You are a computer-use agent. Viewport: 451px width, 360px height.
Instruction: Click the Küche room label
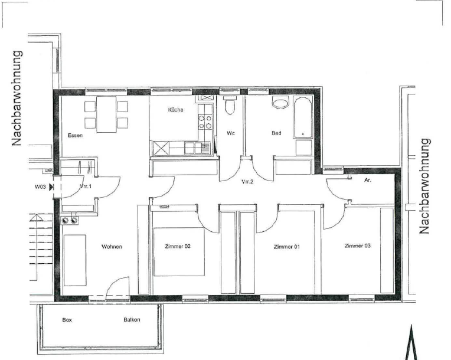[176, 110]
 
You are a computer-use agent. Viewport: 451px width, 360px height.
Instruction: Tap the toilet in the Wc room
[230, 105]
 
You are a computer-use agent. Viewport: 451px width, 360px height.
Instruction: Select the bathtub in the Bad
[303, 117]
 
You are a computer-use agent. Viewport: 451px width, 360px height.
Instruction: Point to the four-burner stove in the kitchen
[205, 122]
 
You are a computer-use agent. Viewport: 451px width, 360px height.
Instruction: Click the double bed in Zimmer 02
[179, 251]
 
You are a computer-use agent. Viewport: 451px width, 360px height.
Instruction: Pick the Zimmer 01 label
[287, 247]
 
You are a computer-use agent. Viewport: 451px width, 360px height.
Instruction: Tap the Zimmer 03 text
[358, 246]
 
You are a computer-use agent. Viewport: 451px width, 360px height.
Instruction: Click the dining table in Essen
[106, 114]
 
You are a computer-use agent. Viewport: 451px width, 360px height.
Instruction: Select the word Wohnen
[112, 247]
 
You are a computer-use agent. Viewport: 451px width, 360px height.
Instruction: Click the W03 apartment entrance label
[40, 186]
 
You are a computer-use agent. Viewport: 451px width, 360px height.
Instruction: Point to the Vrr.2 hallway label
[247, 181]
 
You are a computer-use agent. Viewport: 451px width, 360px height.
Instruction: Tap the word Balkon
[132, 319]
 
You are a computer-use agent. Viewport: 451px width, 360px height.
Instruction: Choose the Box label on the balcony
[67, 320]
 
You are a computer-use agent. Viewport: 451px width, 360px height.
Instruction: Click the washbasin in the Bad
[280, 103]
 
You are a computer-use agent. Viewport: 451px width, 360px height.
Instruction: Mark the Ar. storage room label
[368, 180]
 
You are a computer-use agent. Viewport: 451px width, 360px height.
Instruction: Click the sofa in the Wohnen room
[75, 260]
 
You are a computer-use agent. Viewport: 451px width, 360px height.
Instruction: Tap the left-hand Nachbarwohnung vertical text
[17, 99]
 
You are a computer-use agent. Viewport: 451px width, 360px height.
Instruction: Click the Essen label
[75, 135]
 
